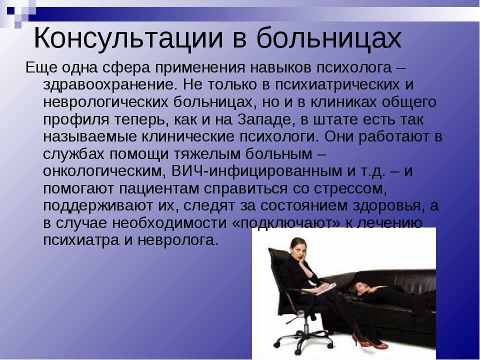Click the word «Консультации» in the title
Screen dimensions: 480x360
coord(128,38)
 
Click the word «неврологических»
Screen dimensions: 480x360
coord(105,102)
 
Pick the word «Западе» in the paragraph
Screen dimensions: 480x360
coord(264,119)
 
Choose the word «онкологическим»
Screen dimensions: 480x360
coord(104,171)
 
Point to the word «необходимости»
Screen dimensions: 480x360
coord(169,223)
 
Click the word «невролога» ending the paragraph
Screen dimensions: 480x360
coord(177,240)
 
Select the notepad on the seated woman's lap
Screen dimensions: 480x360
coord(325,288)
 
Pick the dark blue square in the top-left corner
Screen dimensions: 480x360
coord(10,10)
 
